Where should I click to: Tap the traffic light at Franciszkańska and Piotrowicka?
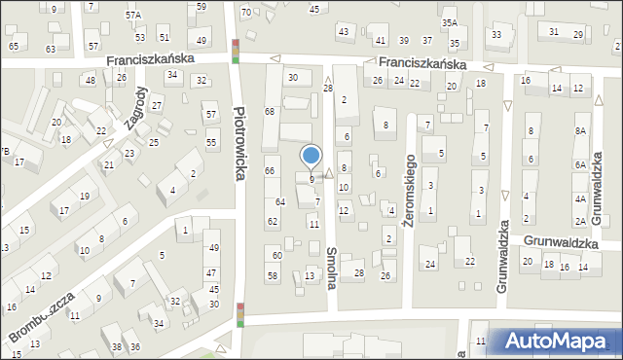pyautogui.click(x=237, y=50)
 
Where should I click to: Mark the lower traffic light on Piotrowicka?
pyautogui.click(x=239, y=315)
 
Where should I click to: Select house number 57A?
pyautogui.click(x=132, y=16)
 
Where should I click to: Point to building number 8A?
pyautogui.click(x=581, y=130)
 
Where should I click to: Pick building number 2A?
pyautogui.click(x=580, y=222)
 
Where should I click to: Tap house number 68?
pyautogui.click(x=270, y=112)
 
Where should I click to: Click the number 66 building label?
pyautogui.click(x=270, y=171)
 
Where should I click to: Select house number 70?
pyautogui.click(x=245, y=12)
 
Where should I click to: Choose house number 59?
pyautogui.click(x=201, y=7)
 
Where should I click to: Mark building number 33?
pyautogui.click(x=496, y=35)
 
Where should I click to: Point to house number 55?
pyautogui.click(x=211, y=143)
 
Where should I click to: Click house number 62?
pyautogui.click(x=273, y=221)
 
